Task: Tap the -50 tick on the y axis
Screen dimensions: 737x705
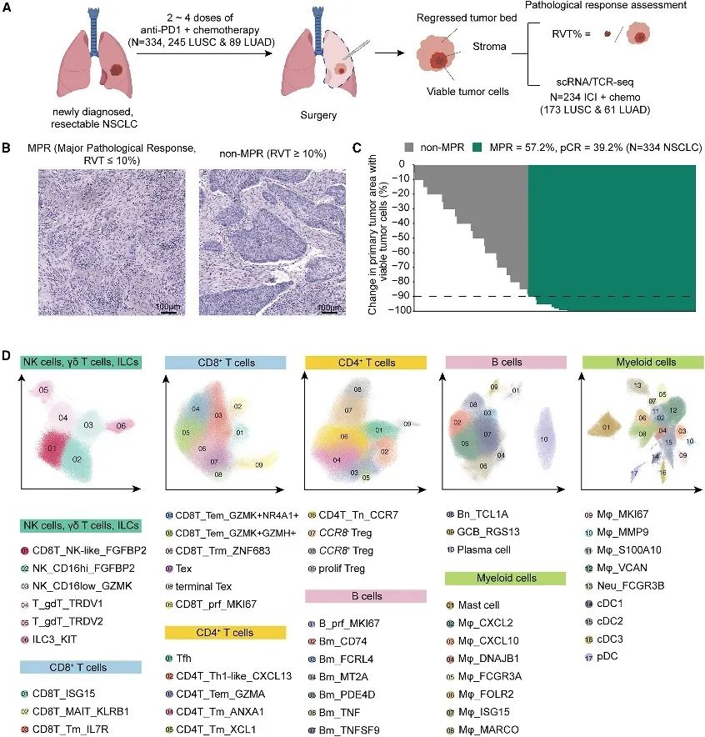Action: [x=398, y=237]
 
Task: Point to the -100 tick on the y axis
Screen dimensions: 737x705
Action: [x=396, y=310]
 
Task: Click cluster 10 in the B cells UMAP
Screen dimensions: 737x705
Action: [x=544, y=439]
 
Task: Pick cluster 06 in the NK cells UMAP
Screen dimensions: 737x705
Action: [x=122, y=426]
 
